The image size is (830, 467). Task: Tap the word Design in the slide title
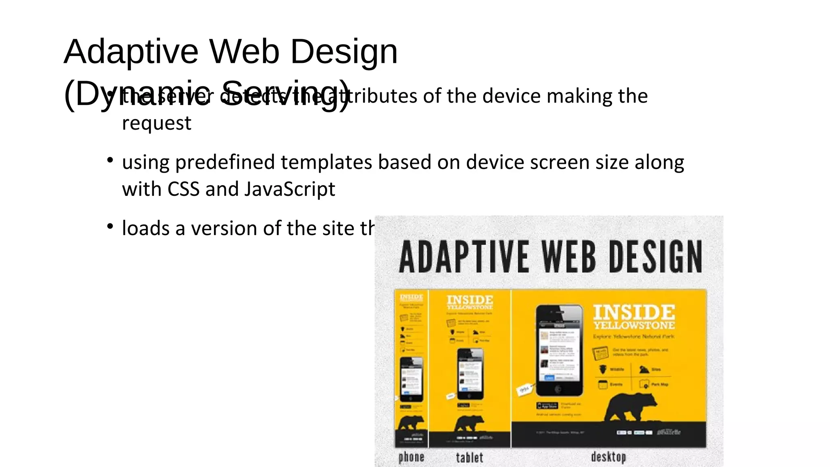(344, 52)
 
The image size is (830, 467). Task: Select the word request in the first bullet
(156, 123)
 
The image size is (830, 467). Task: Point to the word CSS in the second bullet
(183, 189)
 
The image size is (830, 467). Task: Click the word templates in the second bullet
(326, 163)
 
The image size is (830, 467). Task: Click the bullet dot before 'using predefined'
(110, 160)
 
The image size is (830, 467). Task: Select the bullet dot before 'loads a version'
(110, 226)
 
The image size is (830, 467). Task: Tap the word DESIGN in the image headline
(655, 257)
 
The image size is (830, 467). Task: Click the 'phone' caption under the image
(411, 457)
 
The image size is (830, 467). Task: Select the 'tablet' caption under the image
(469, 458)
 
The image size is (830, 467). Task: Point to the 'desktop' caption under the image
(608, 457)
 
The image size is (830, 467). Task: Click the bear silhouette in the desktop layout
(630, 407)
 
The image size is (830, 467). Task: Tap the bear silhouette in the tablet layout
(469, 424)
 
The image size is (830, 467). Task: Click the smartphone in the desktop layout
(559, 350)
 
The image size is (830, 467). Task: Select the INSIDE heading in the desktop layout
(634, 312)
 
